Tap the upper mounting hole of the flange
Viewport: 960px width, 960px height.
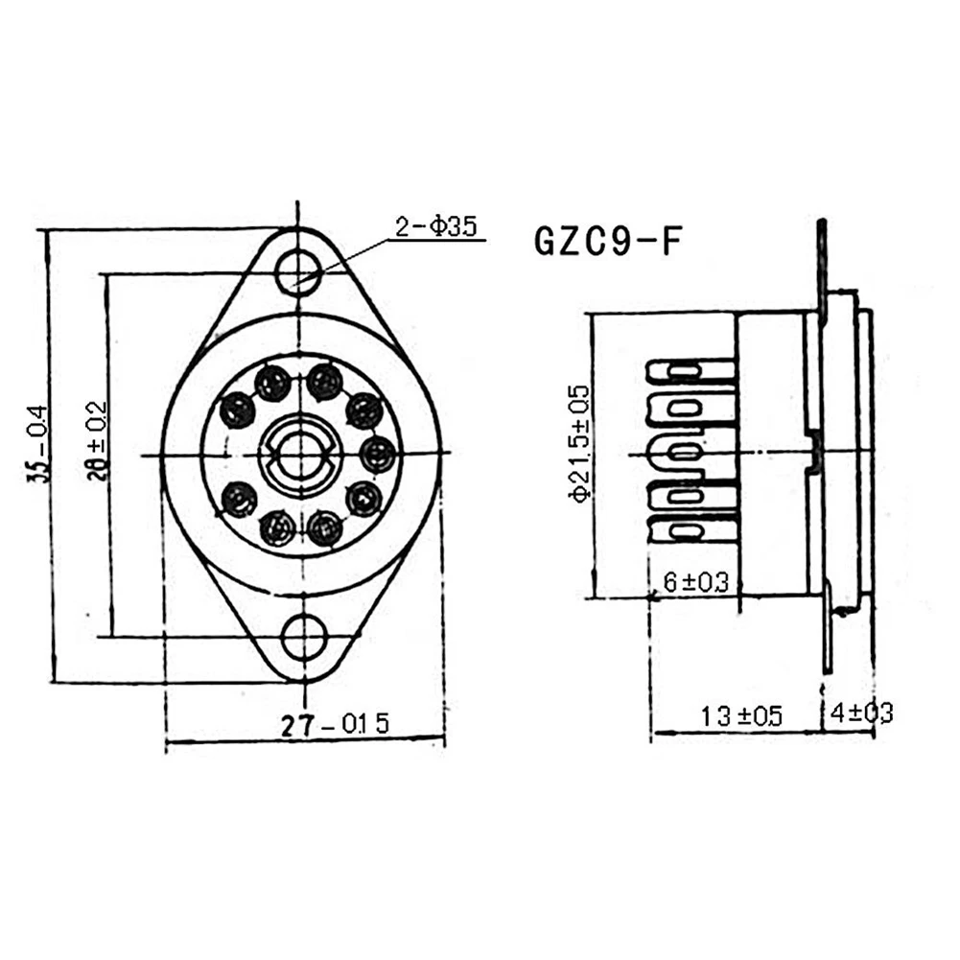pyautogui.click(x=299, y=272)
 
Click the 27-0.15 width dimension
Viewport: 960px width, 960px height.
pyautogui.click(x=336, y=724)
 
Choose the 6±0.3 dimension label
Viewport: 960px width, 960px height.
pyautogui.click(x=695, y=582)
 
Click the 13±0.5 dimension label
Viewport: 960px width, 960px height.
pyautogui.click(x=740, y=715)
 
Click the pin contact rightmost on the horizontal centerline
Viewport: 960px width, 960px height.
pyautogui.click(x=378, y=453)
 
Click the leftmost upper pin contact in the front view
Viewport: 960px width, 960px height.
pyautogui.click(x=237, y=410)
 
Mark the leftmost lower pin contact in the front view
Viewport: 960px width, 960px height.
pyautogui.click(x=237, y=499)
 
